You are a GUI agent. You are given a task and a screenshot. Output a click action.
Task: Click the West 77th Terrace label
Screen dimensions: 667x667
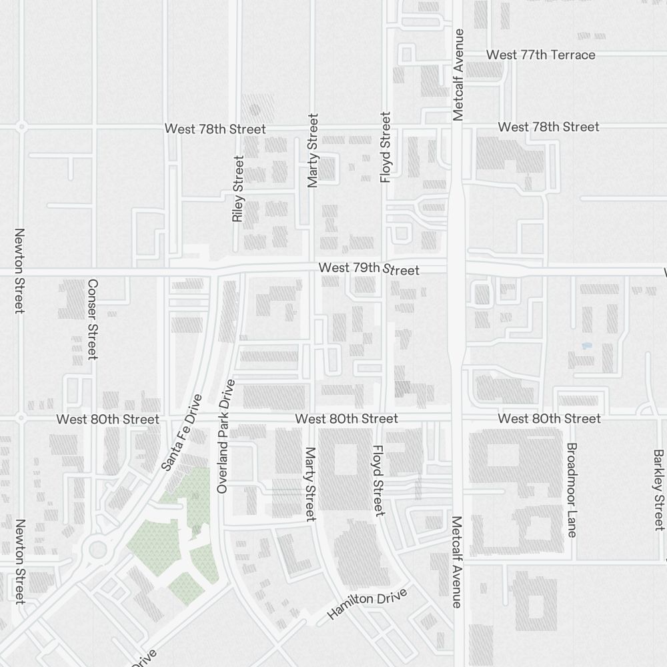(x=540, y=55)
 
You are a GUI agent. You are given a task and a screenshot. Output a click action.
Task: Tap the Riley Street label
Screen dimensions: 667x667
(x=238, y=189)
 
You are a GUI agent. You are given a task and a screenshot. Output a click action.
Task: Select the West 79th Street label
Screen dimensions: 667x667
(x=369, y=269)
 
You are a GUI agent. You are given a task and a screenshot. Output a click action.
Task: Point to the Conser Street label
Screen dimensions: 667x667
(x=93, y=319)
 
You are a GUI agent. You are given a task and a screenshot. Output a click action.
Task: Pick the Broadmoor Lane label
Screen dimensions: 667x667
(x=572, y=490)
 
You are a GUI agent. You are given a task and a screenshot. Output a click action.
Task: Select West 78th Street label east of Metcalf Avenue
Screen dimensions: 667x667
(x=548, y=127)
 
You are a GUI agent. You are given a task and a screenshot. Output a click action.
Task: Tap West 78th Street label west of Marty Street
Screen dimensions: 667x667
(x=215, y=129)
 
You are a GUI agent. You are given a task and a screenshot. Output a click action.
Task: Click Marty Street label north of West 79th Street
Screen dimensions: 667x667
(x=313, y=150)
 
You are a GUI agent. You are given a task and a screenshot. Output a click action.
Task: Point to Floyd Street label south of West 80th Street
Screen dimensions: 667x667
(x=378, y=480)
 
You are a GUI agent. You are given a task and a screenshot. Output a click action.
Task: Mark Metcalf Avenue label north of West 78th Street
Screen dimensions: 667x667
(x=458, y=75)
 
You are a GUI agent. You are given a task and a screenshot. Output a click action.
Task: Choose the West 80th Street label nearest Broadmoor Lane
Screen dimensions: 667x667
(x=549, y=418)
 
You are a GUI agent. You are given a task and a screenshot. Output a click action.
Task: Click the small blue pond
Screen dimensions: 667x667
(x=586, y=346)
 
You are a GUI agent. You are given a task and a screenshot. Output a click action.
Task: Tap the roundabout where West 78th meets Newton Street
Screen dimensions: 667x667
(x=22, y=126)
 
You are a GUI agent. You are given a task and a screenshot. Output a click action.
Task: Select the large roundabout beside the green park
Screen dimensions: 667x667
(x=97, y=550)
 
